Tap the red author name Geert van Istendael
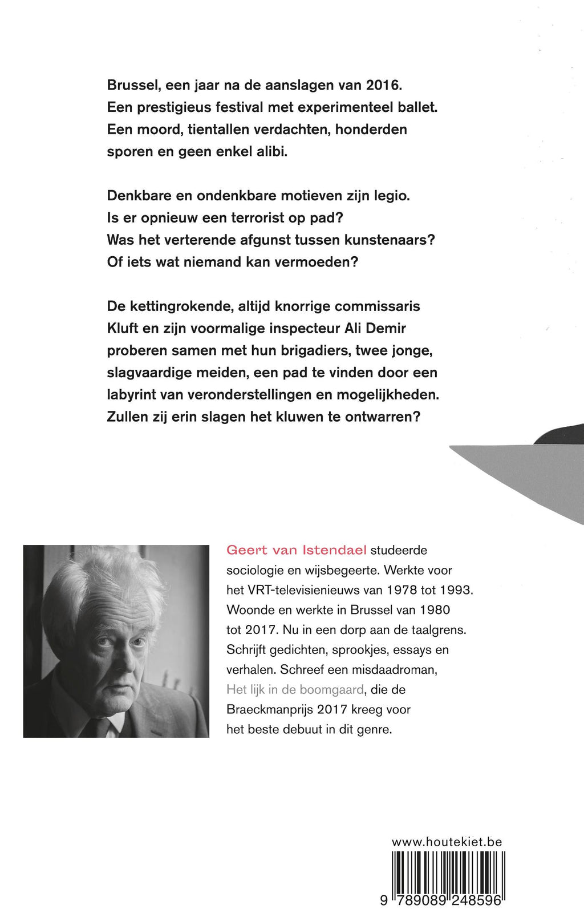pyautogui.click(x=296, y=550)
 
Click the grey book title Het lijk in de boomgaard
pyautogui.click(x=295, y=689)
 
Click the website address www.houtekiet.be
pyautogui.click(x=447, y=842)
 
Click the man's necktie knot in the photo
pyautogui.click(x=103, y=725)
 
